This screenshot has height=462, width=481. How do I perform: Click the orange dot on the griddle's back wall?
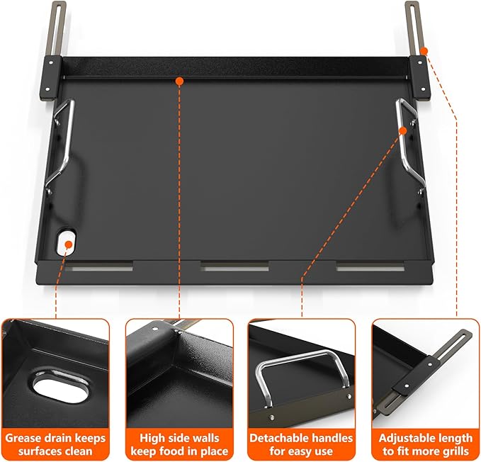point(180,81)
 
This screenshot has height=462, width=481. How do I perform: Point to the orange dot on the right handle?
point(403,130)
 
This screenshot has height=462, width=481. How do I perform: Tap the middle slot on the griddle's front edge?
point(234,267)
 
